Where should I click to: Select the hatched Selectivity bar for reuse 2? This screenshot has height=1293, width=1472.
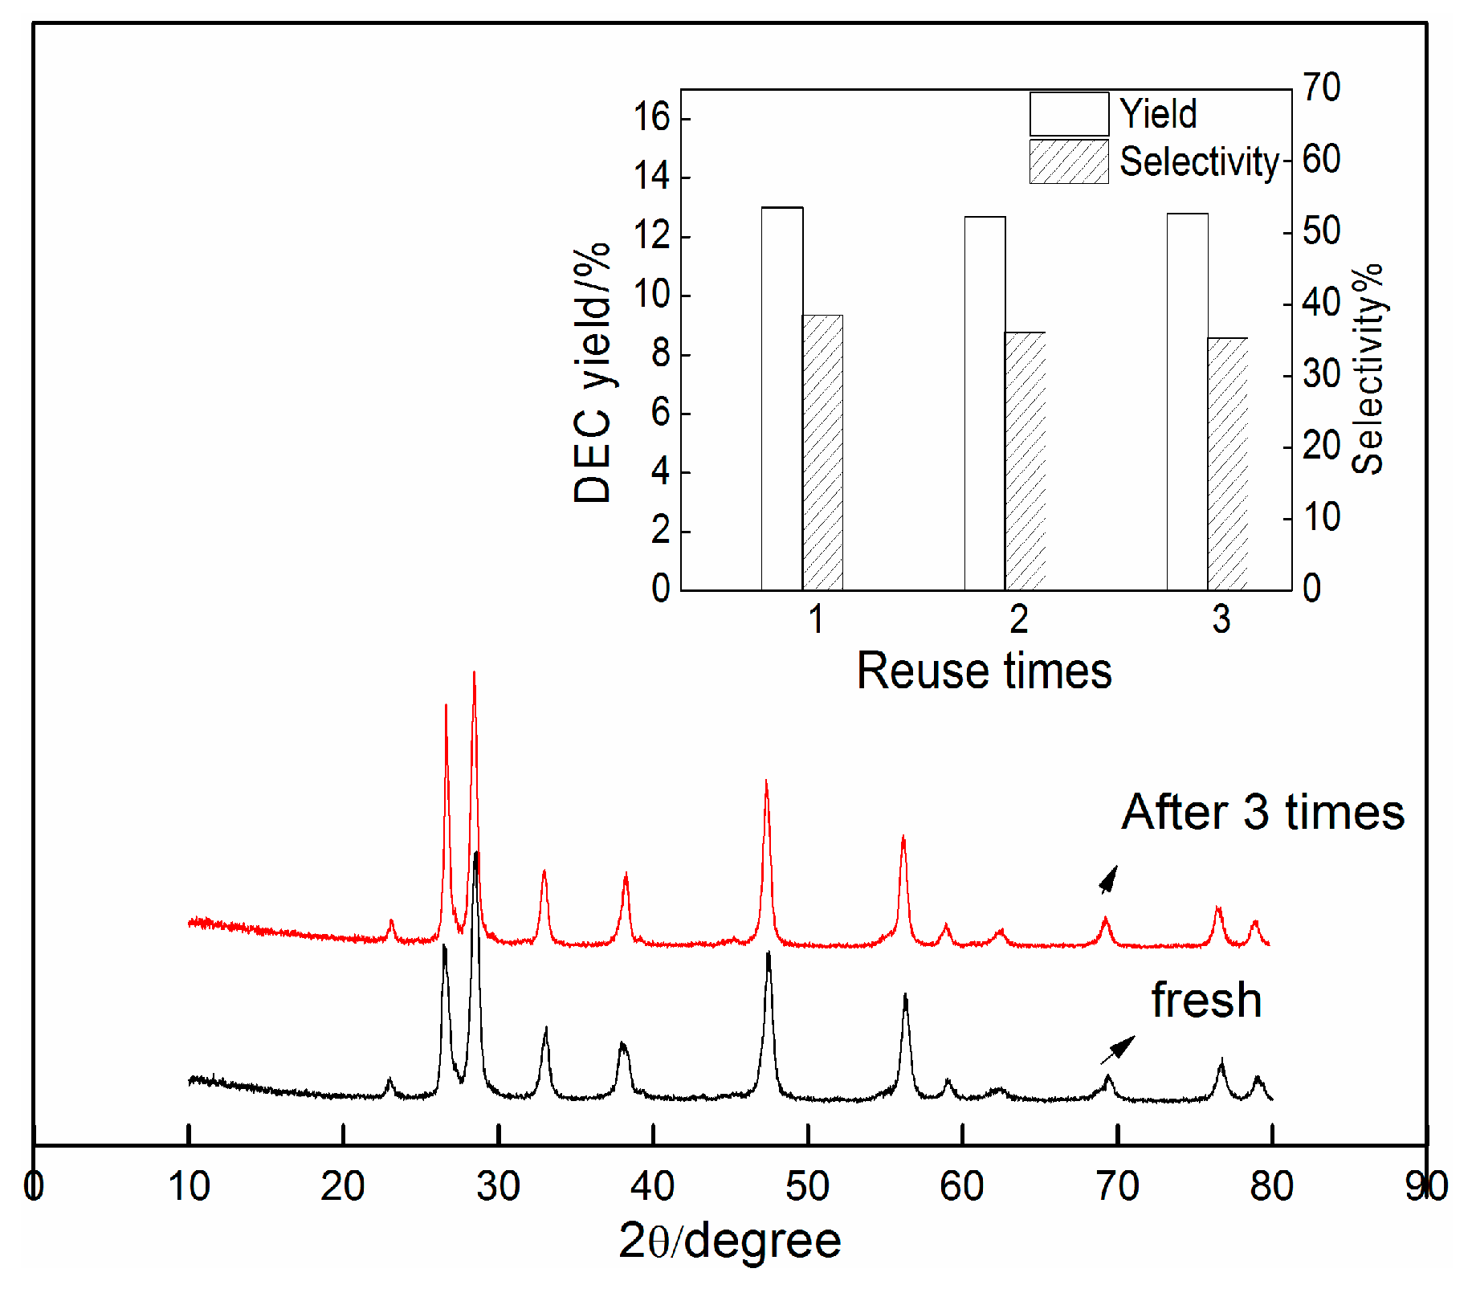pyautogui.click(x=1026, y=461)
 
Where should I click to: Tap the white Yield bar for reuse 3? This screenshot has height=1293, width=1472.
pyautogui.click(x=1188, y=402)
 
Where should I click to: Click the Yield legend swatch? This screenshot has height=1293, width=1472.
pyautogui.click(x=1069, y=114)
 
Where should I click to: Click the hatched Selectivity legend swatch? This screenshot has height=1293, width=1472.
pyautogui.click(x=1069, y=162)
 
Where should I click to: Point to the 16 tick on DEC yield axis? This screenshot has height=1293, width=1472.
pyautogui.click(x=651, y=118)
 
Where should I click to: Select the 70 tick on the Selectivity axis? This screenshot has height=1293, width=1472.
pyautogui.click(x=1321, y=88)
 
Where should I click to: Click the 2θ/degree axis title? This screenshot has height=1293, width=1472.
pyautogui.click(x=729, y=1240)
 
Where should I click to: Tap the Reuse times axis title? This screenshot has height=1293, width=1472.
pyautogui.click(x=984, y=671)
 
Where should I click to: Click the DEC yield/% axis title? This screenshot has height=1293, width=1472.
pyautogui.click(x=593, y=373)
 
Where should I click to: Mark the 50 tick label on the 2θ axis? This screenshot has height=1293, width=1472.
pyautogui.click(x=807, y=1186)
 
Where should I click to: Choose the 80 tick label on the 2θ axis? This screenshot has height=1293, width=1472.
pyautogui.click(x=1271, y=1186)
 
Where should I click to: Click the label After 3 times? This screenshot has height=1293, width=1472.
pyautogui.click(x=1262, y=812)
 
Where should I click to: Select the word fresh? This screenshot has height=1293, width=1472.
pyautogui.click(x=1206, y=1000)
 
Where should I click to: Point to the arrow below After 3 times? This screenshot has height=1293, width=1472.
pyautogui.click(x=1108, y=880)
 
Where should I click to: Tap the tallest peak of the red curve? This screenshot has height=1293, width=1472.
pyautogui.click(x=474, y=675)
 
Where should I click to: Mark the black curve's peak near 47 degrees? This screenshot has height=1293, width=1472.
pyautogui.click(x=769, y=954)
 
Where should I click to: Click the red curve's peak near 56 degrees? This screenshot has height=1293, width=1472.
pyautogui.click(x=903, y=838)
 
